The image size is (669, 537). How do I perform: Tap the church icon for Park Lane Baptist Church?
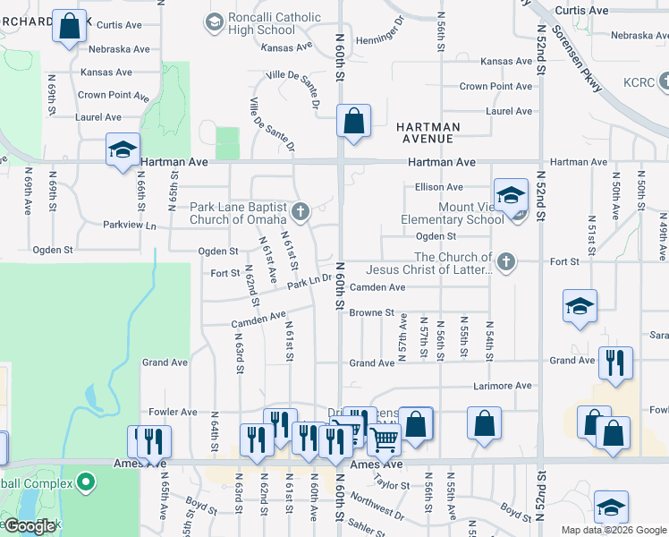point(301,212)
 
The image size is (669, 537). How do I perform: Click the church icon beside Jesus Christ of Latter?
point(506,261)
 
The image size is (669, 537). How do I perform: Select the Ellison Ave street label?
point(438,187)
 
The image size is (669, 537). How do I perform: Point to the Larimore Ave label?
point(502,386)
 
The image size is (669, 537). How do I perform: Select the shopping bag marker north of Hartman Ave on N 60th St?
point(354,121)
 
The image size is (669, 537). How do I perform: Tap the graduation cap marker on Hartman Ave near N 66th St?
point(123,149)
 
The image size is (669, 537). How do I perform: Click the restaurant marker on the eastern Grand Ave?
point(615,362)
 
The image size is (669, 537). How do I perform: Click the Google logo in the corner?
point(30,526)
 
